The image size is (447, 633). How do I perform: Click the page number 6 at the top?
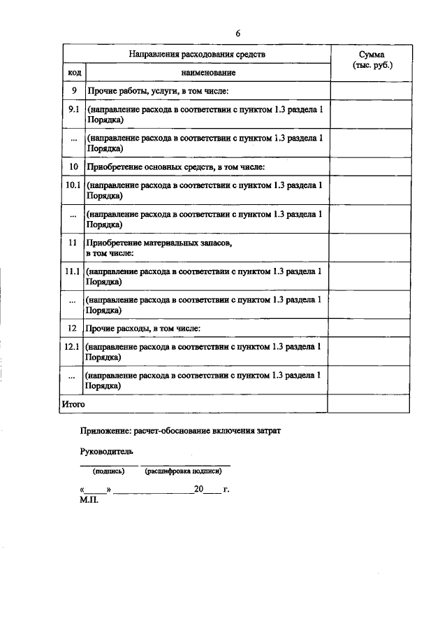[237, 34]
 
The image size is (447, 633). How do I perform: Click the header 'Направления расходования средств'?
[197, 54]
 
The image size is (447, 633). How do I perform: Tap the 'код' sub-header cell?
[73, 73]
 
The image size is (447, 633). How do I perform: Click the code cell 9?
[73, 91]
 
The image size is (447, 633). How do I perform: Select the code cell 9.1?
[73, 111]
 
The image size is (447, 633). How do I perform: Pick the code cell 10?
[73, 167]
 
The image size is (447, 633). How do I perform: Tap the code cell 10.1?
[73, 187]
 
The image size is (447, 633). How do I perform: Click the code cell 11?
[73, 243]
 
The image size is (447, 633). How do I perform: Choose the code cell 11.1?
[73, 271]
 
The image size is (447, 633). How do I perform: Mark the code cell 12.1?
[73, 347]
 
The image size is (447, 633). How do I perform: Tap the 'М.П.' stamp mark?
[90, 500]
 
